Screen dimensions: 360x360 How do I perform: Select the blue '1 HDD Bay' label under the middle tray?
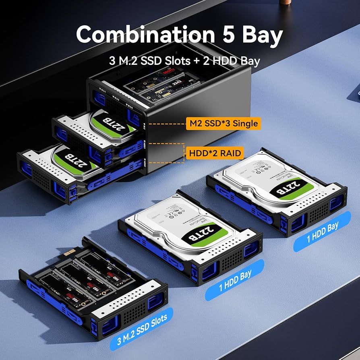pos(236,279)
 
